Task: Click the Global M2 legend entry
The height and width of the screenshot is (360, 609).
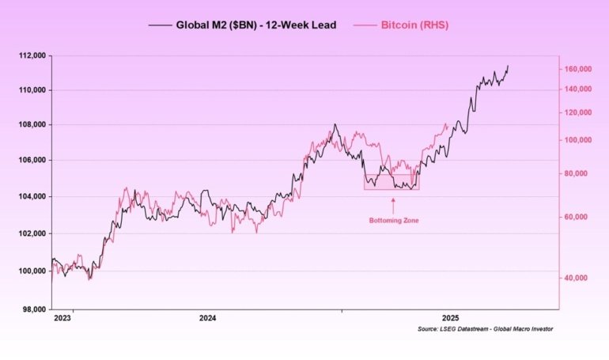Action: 242,25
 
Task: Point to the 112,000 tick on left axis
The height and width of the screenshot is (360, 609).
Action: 30,55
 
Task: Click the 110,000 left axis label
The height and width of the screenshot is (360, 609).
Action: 30,89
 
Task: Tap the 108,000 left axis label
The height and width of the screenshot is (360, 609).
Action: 30,124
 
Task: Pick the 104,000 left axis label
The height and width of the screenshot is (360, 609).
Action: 30,196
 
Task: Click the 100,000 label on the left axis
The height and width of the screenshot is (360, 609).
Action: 30,271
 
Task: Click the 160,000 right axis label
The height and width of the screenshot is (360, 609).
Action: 577,69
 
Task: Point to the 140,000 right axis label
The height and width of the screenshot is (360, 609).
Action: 577,89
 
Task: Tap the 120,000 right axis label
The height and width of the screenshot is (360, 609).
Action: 577,112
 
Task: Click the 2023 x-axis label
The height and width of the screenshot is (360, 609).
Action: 62,318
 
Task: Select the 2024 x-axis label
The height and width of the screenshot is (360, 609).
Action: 207,318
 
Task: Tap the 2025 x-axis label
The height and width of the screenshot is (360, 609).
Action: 452,318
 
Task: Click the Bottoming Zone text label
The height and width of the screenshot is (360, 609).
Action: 393,220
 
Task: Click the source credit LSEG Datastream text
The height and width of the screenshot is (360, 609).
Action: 485,329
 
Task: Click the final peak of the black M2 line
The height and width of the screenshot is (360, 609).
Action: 507,66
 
